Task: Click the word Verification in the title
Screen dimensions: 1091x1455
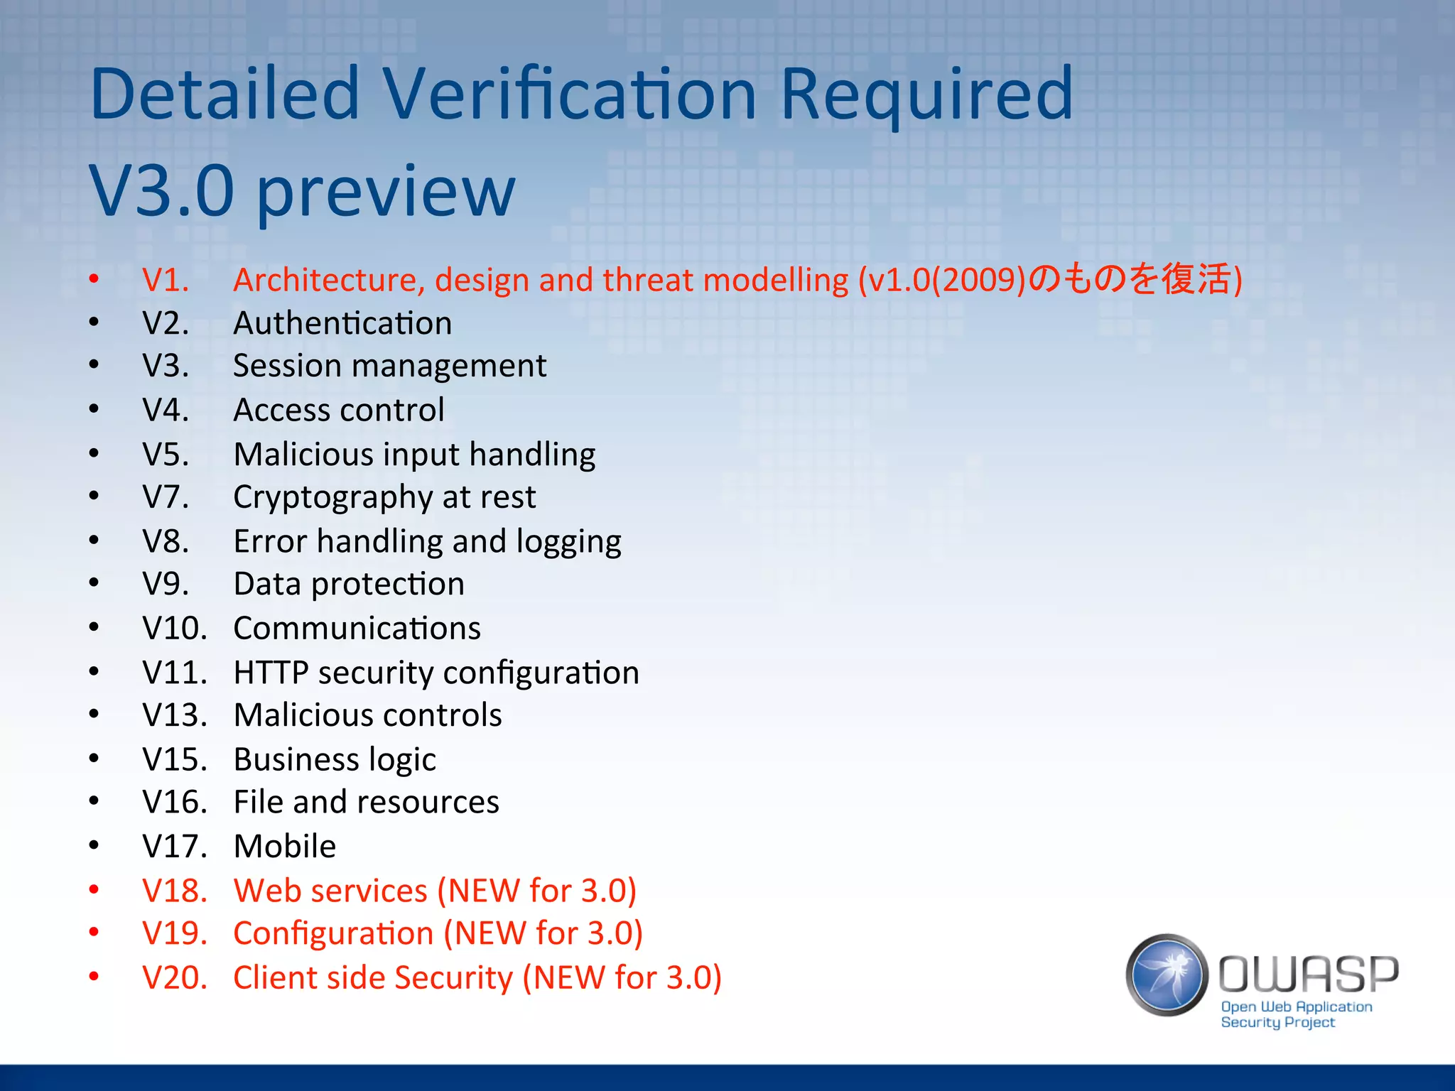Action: pyautogui.click(x=570, y=94)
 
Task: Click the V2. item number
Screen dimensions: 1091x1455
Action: pyautogui.click(x=166, y=324)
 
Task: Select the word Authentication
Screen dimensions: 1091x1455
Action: pyautogui.click(x=342, y=324)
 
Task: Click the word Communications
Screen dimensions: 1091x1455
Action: pyautogui.click(x=357, y=629)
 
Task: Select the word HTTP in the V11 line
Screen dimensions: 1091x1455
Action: pyautogui.click(x=271, y=673)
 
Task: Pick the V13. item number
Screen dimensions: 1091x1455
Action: pyautogui.click(x=174, y=715)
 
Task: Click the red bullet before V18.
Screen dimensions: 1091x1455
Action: pyautogui.click(x=94, y=890)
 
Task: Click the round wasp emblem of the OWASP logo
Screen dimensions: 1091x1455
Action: pyautogui.click(x=1167, y=975)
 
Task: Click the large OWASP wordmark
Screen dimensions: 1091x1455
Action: pyautogui.click(x=1309, y=974)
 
